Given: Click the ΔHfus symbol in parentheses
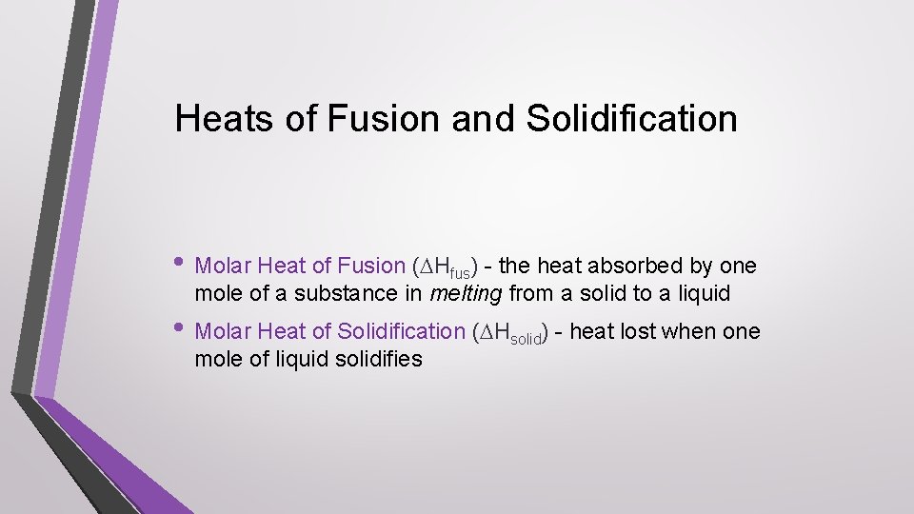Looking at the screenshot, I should click(447, 267).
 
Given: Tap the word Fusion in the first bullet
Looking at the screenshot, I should click(370, 267).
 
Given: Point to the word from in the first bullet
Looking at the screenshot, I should click(531, 293).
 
